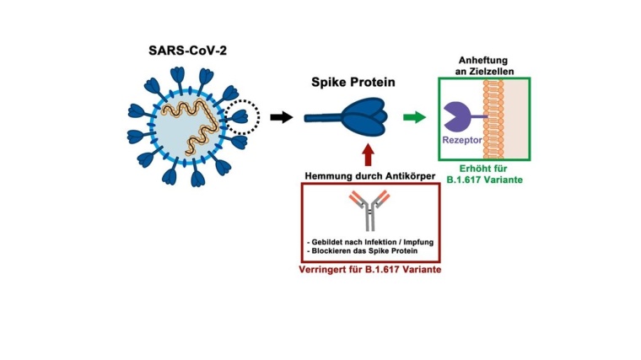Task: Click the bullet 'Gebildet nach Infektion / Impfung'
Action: click(x=371, y=242)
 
